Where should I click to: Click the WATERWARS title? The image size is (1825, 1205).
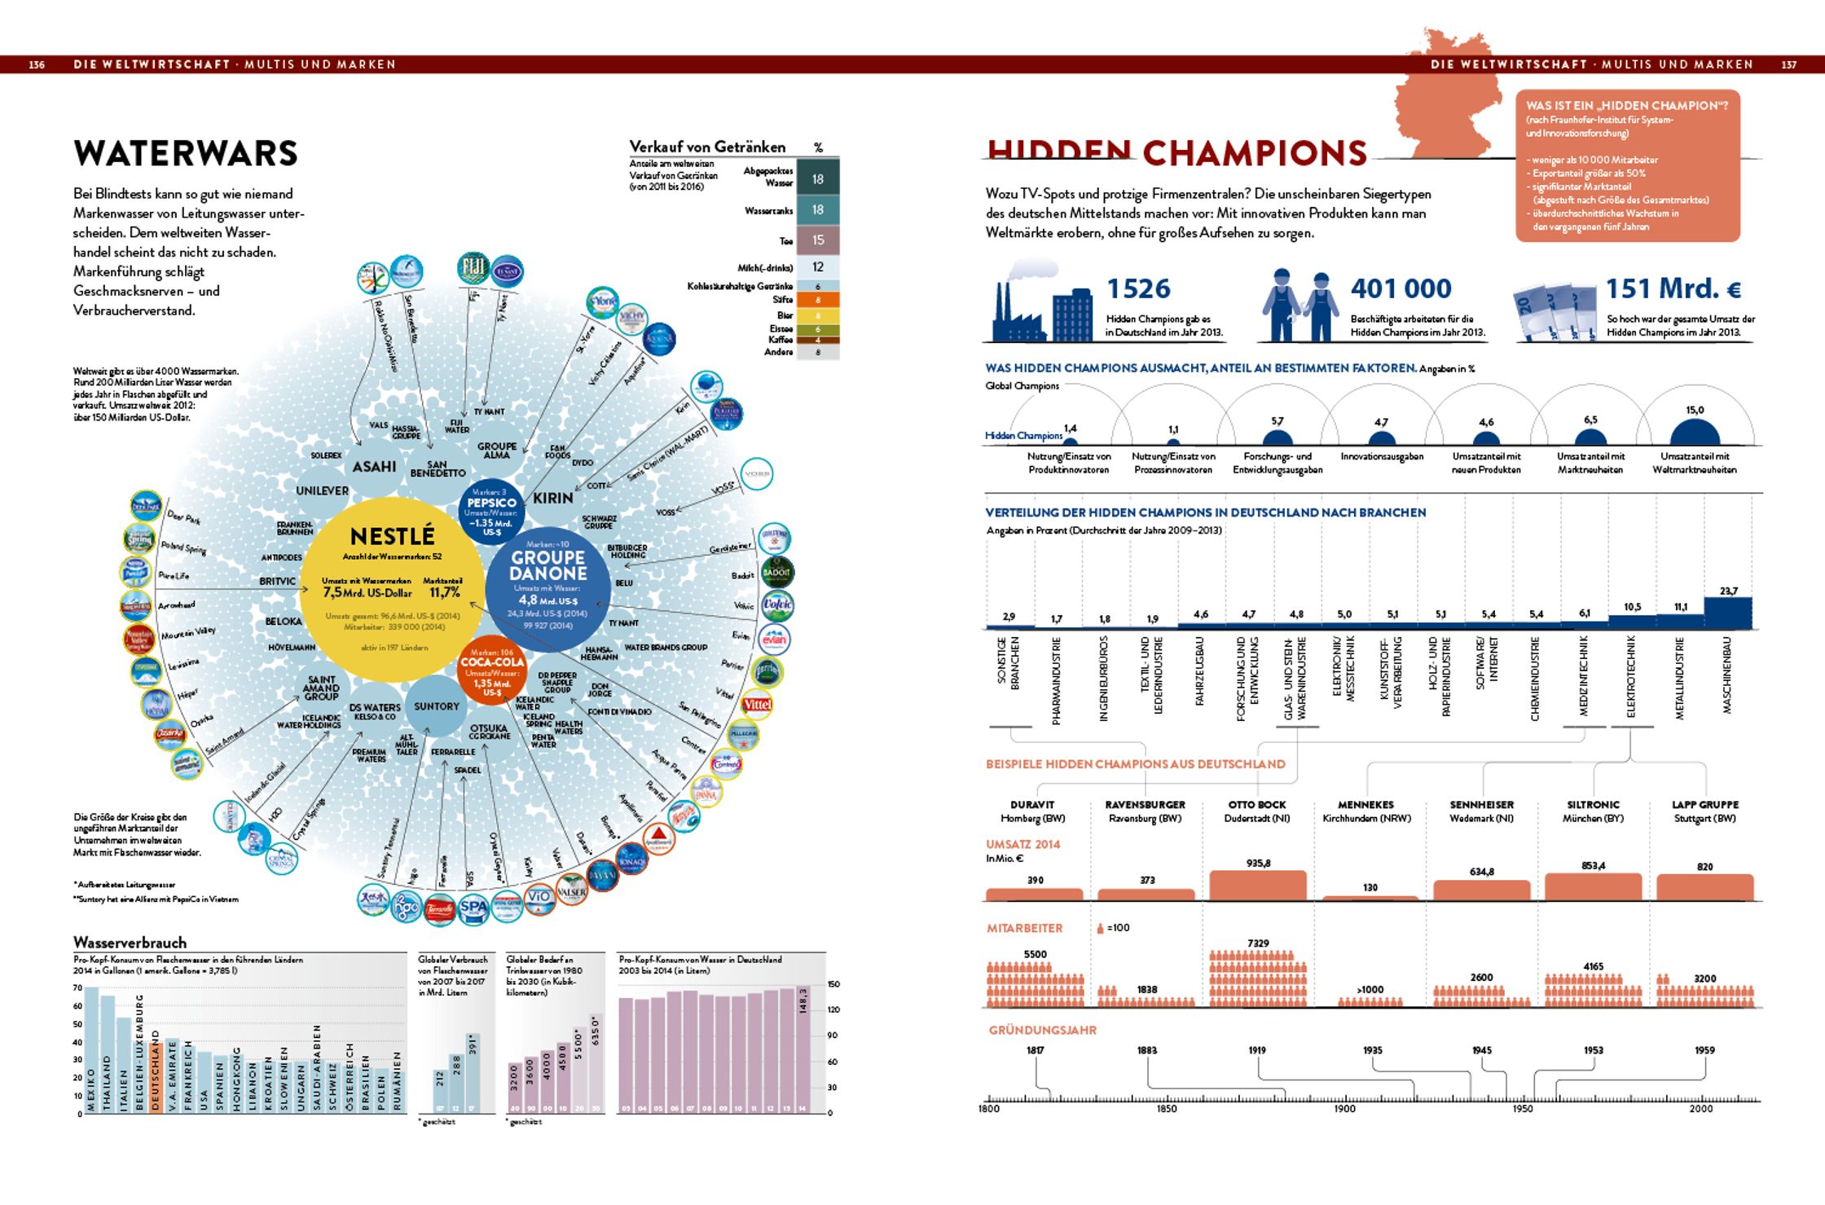186,153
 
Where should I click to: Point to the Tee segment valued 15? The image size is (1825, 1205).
817,240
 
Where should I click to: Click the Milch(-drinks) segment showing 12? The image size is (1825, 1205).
817,267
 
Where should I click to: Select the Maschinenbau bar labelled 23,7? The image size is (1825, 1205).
1728,613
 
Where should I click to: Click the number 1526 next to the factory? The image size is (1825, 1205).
1138,288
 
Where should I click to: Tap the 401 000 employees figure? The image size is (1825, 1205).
1401,288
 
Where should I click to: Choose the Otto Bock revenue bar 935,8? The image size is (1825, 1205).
1257,885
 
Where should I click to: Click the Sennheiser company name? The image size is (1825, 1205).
1481,804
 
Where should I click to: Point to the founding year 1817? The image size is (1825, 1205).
1035,1050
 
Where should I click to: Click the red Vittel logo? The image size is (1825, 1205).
756,704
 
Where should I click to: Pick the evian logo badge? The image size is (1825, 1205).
773,640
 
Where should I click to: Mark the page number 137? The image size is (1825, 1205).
1789,64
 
